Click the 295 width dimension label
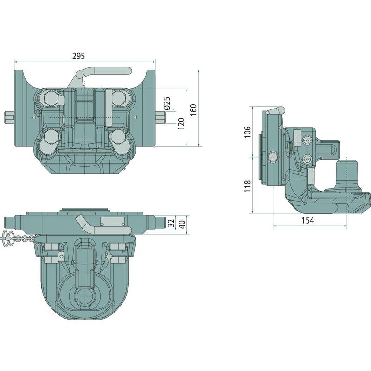point(78,56)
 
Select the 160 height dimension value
point(193,109)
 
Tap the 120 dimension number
point(181,123)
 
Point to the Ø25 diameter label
point(167,103)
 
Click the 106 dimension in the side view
point(247,132)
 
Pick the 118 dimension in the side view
point(247,186)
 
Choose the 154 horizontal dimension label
point(308,220)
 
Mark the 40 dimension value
point(182,224)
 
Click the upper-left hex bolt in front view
point(51,98)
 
